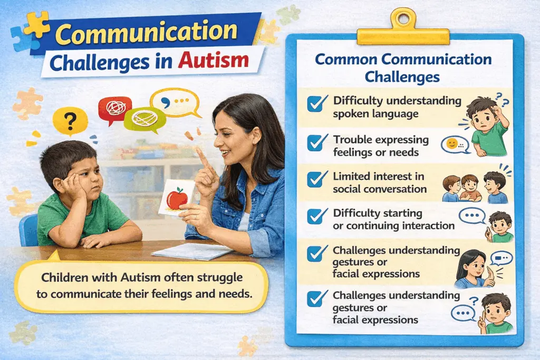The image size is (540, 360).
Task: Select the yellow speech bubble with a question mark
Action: [x=70, y=121]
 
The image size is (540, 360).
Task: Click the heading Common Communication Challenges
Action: [x=403, y=67]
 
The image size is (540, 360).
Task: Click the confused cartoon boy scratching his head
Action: [x=487, y=127]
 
